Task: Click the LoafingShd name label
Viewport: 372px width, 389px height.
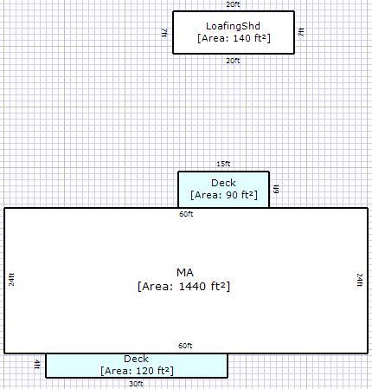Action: [233, 26]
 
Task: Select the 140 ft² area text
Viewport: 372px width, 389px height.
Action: [234, 38]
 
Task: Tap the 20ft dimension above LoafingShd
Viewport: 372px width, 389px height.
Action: [233, 4]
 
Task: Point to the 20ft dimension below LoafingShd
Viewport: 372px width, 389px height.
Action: [233, 61]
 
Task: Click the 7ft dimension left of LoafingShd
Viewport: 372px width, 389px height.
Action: [164, 32]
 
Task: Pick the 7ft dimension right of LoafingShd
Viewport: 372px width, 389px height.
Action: [301, 32]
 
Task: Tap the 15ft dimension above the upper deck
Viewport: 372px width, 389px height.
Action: [223, 164]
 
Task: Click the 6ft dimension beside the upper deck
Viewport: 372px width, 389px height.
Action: [276, 189]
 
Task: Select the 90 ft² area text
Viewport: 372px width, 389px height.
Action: [224, 195]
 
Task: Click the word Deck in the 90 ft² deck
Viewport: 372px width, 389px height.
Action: [223, 183]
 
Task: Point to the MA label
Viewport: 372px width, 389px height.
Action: [185, 273]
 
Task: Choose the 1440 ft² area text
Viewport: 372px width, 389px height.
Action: [184, 287]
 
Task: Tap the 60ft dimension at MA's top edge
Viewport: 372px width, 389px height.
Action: [186, 214]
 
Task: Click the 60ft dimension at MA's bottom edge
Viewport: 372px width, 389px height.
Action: [185, 346]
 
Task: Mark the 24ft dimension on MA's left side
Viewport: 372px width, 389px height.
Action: [11, 280]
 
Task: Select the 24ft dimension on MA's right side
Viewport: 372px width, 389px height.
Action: [360, 280]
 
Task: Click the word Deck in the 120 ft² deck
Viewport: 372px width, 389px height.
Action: [136, 359]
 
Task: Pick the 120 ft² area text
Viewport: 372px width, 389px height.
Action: [138, 371]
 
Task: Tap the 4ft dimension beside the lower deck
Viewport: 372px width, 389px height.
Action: [37, 365]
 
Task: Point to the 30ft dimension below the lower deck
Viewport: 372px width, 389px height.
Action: [136, 384]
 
